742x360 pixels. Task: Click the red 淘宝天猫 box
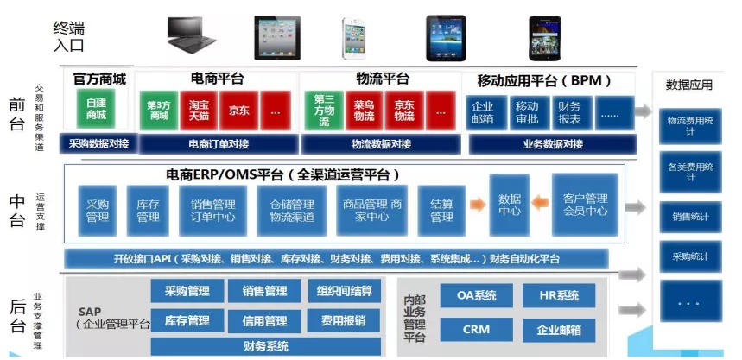tap(198, 111)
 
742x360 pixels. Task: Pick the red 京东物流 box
tap(404, 111)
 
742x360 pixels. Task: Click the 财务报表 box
tap(570, 112)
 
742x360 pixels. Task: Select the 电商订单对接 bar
tap(217, 143)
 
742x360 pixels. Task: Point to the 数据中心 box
tap(510, 204)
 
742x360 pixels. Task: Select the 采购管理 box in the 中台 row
tap(97, 211)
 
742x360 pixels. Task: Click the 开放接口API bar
tap(336, 259)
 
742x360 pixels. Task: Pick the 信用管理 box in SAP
tap(264, 321)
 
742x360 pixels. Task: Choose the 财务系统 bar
tap(265, 347)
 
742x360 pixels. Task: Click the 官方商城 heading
tap(99, 79)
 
